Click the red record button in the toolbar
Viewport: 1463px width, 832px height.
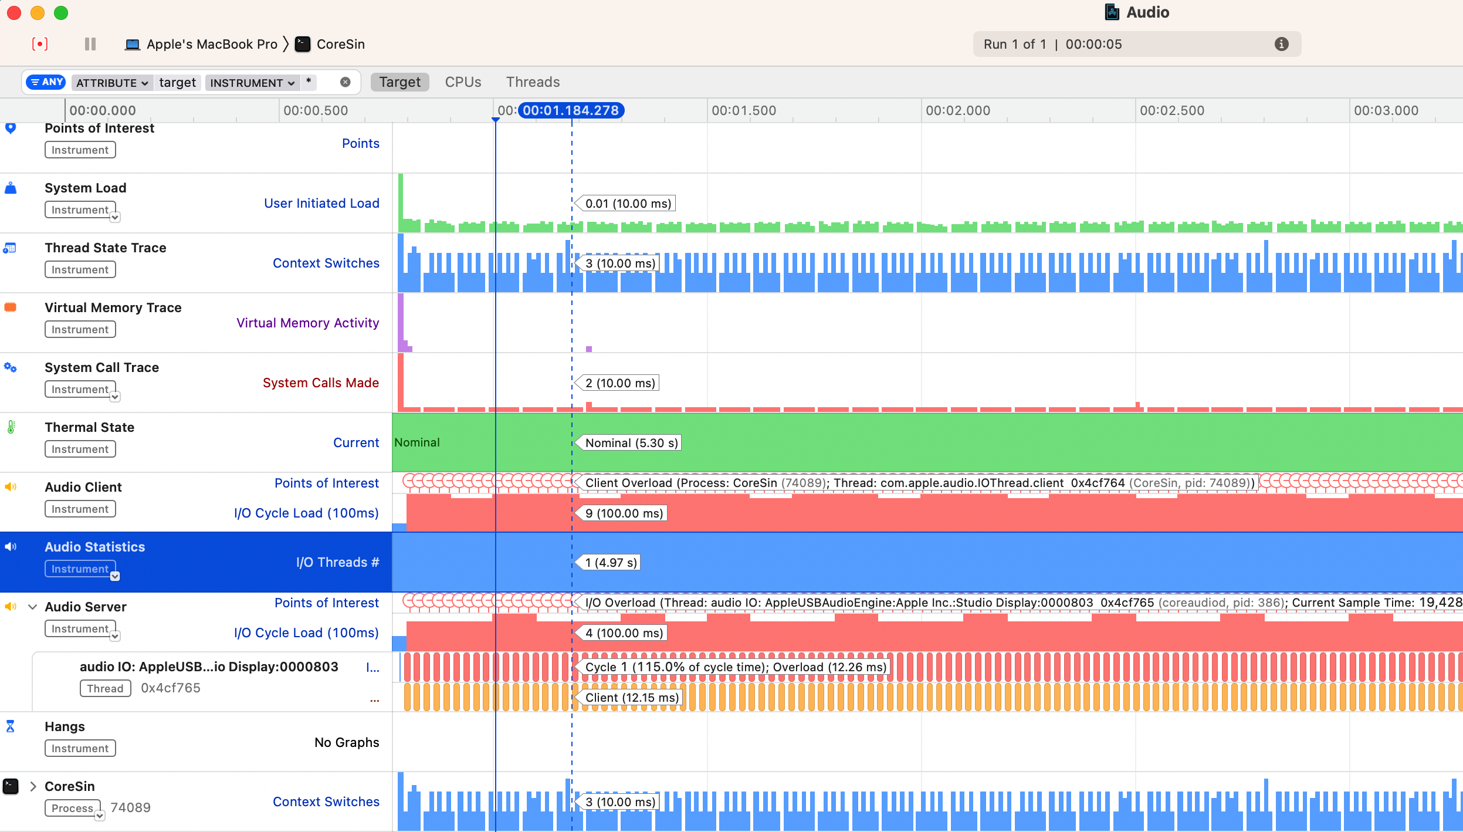coord(39,44)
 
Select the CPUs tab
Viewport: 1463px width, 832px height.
coord(463,82)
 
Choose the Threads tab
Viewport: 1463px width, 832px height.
coord(533,82)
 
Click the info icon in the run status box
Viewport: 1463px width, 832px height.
coord(1281,44)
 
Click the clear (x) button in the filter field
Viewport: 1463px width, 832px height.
coord(346,82)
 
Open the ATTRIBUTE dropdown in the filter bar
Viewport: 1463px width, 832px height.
coord(111,83)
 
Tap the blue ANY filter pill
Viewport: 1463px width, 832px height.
coord(46,82)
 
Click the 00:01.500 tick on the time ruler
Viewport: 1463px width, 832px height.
coord(743,110)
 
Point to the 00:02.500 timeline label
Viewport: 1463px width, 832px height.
coord(1171,110)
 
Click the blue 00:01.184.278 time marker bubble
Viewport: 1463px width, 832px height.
coord(570,110)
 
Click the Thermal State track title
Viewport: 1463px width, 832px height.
coord(89,427)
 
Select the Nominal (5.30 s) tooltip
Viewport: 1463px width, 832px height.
coord(631,443)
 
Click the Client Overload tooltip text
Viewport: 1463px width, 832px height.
coord(628,483)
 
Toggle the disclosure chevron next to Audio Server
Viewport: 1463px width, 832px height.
coord(33,607)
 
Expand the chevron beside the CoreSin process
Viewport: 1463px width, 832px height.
coord(33,786)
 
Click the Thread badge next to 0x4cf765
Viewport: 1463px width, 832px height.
coord(105,688)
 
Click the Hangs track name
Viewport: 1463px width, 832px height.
coord(65,726)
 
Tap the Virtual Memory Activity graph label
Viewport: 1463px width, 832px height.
coord(307,323)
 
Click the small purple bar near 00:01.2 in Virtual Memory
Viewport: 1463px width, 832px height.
coord(589,349)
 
